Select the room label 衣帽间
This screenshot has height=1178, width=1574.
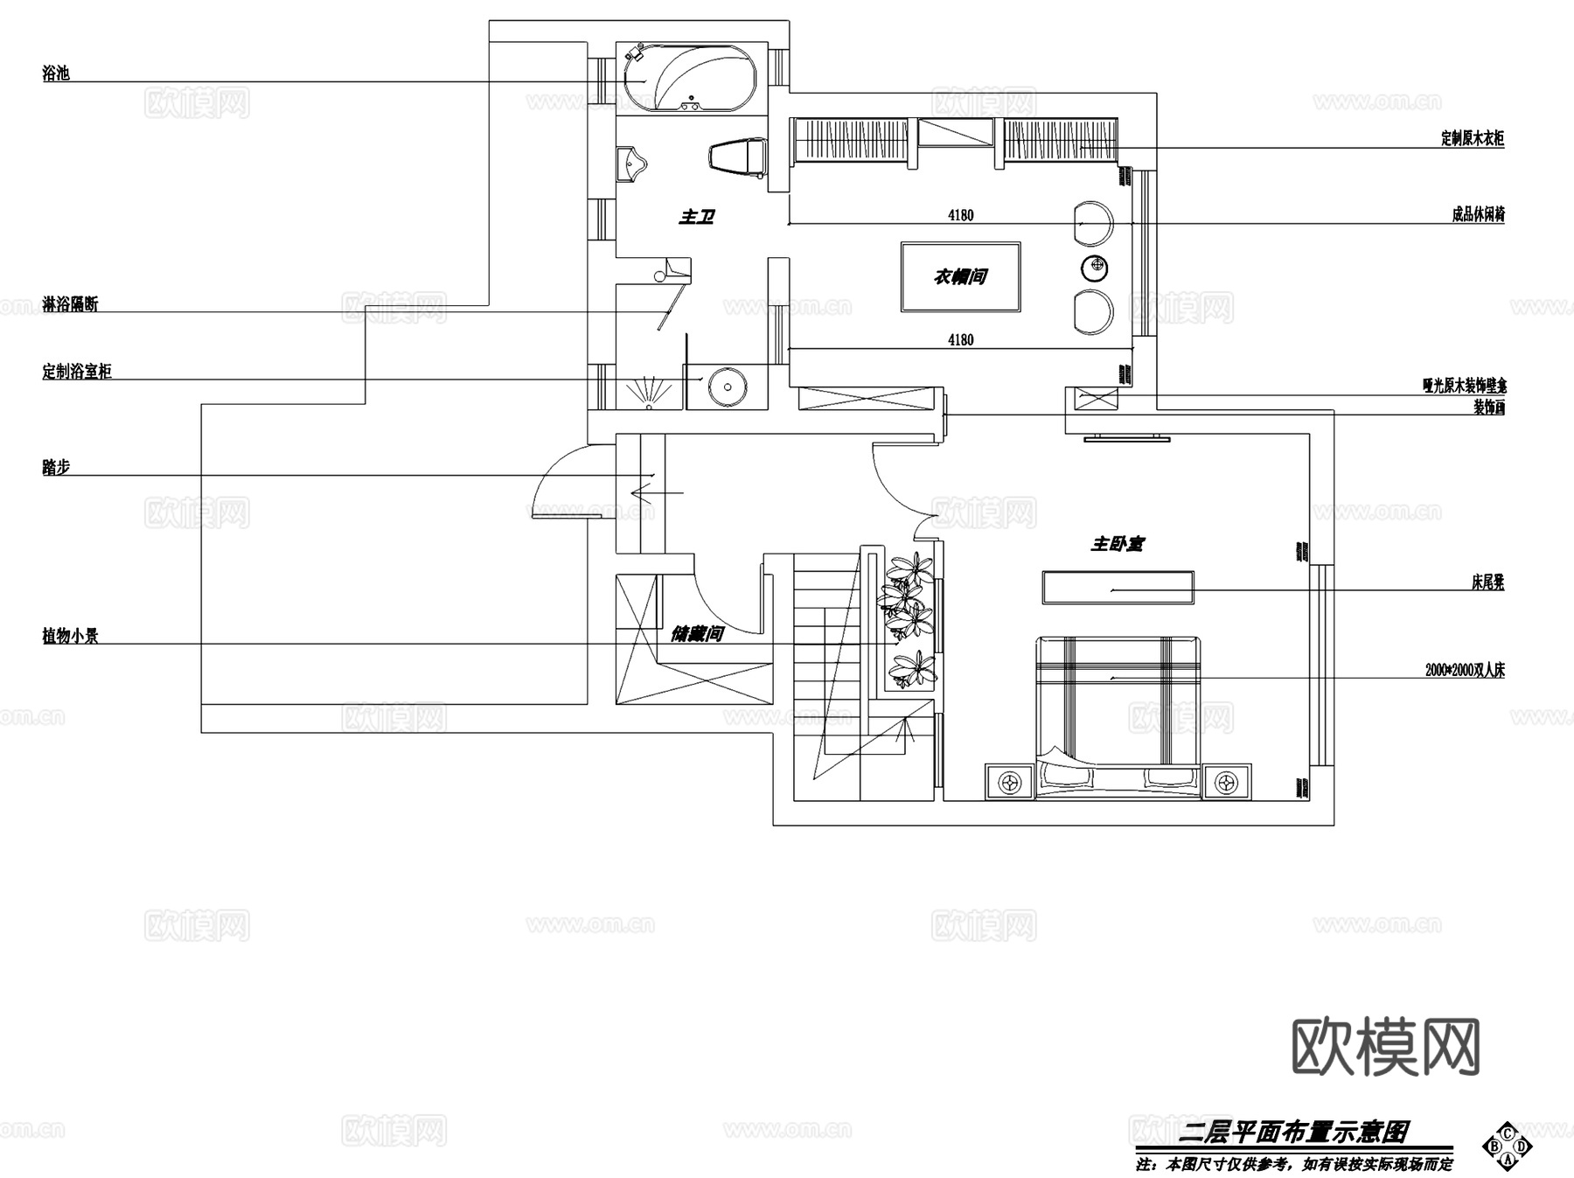pyautogui.click(x=960, y=276)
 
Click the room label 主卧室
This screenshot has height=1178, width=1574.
pyautogui.click(x=1117, y=544)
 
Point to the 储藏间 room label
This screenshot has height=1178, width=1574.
pyautogui.click(x=697, y=633)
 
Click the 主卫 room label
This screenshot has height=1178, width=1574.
pyautogui.click(x=696, y=216)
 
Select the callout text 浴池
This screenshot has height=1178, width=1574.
pyautogui.click(x=56, y=73)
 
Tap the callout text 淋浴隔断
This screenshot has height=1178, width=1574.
pyautogui.click(x=70, y=304)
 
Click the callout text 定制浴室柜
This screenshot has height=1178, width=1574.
pyautogui.click(x=77, y=372)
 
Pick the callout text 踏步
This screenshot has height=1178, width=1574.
pyautogui.click(x=56, y=467)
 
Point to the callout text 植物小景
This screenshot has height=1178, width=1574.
pyautogui.click(x=70, y=636)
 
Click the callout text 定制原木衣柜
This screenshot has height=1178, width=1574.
pyautogui.click(x=1473, y=138)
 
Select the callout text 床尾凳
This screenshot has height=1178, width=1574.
pyautogui.click(x=1487, y=582)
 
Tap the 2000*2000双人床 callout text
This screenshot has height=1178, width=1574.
pyautogui.click(x=1465, y=671)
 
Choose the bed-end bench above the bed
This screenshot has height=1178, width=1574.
pyautogui.click(x=1117, y=587)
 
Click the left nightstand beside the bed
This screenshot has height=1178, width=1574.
pyautogui.click(x=1010, y=781)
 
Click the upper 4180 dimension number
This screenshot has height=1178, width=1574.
pyautogui.click(x=960, y=215)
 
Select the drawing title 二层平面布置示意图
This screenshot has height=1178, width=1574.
pyautogui.click(x=1293, y=1133)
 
